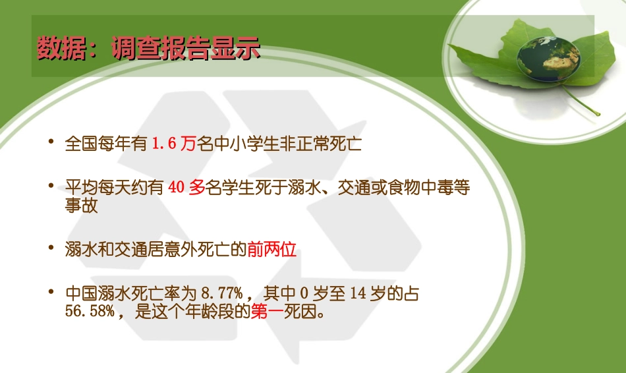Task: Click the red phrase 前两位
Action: [x=272, y=250]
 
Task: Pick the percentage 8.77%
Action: [x=223, y=294]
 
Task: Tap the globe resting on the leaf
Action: [x=548, y=59]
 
